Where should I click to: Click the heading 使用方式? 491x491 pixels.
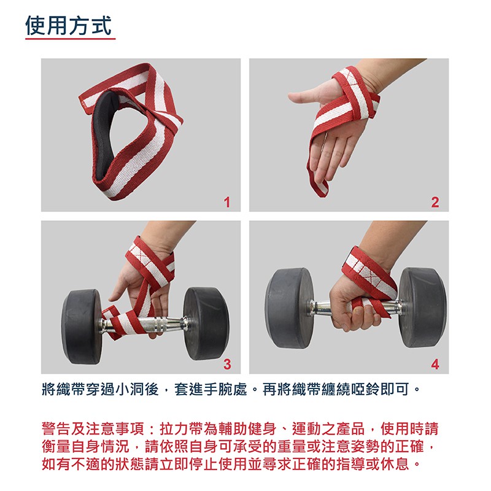point(69,26)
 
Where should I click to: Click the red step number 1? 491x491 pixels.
point(227,202)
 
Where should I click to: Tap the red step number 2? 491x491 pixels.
point(435,202)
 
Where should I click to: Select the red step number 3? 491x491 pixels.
point(227,364)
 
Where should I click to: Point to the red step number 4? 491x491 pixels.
point(435,364)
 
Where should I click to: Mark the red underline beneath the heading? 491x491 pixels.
point(70,39)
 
